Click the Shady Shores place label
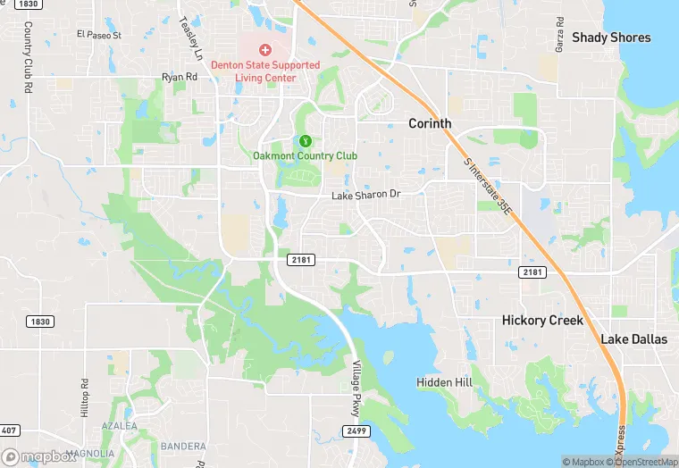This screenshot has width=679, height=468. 611,38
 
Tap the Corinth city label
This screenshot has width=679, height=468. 430,124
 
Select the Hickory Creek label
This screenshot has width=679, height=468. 542,320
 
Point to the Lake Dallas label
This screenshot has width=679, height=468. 633,339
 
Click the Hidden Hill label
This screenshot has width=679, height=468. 444,382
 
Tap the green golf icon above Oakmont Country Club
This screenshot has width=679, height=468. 304,140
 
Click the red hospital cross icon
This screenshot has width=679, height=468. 264,50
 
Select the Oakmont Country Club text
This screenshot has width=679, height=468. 304,156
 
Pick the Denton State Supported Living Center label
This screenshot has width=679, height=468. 264,71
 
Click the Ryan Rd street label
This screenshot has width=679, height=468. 179,78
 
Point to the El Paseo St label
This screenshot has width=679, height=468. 98,35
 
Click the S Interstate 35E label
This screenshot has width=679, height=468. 490,187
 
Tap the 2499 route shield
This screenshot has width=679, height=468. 355,430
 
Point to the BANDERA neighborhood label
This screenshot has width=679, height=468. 182,446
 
